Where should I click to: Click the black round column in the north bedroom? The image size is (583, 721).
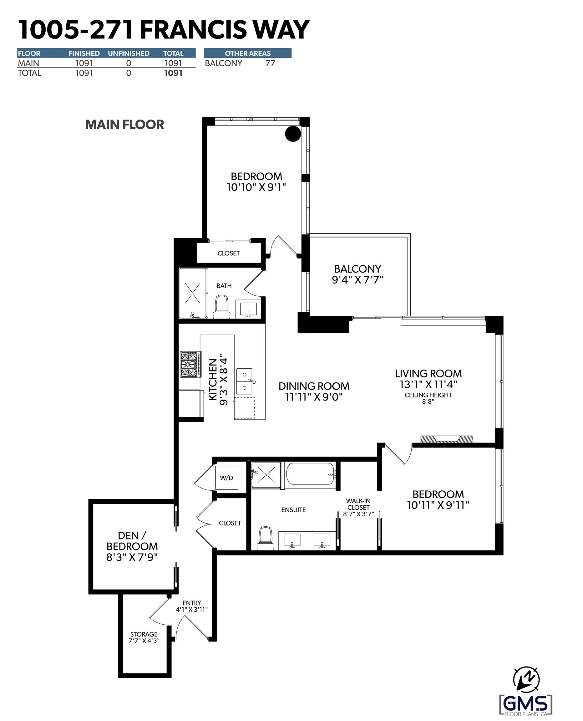(x=293, y=134)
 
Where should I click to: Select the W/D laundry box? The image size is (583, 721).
(x=227, y=478)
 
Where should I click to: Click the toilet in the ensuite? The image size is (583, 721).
(x=265, y=538)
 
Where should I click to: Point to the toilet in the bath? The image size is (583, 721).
(x=222, y=307)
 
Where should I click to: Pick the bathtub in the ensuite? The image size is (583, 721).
(x=310, y=474)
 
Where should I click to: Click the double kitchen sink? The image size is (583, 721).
(x=245, y=381)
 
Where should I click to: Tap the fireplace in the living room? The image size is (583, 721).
(x=447, y=439)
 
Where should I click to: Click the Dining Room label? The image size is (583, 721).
(x=314, y=391)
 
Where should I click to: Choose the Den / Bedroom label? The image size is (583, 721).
(x=132, y=546)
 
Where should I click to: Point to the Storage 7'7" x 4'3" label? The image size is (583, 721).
(x=144, y=637)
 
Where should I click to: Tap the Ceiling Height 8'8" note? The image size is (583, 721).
(x=428, y=398)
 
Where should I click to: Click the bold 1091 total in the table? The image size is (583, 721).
(x=173, y=73)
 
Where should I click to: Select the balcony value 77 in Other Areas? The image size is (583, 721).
(x=270, y=63)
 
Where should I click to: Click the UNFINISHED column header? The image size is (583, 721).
(x=129, y=54)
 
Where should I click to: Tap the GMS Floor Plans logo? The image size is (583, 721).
(x=526, y=704)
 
